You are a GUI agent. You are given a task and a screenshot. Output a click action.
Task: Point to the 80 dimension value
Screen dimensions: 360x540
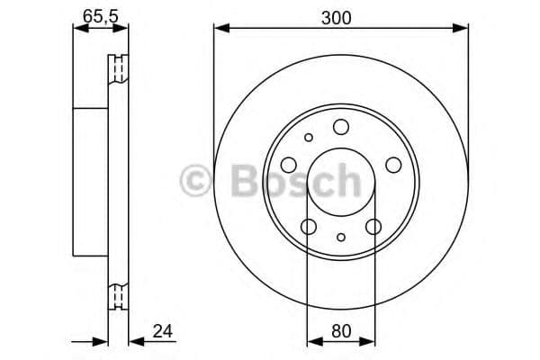[x=340, y=330]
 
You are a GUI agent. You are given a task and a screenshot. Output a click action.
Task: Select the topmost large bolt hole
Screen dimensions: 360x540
[x=340, y=128]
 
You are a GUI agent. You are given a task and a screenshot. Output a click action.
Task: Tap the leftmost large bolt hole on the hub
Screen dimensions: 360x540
[x=289, y=165]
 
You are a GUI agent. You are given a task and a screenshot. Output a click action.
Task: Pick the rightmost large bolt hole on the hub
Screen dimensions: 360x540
[x=393, y=165]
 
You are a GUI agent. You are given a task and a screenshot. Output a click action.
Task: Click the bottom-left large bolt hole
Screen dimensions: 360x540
[x=309, y=226]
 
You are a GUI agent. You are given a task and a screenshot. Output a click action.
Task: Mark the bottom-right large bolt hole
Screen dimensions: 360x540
[x=373, y=226]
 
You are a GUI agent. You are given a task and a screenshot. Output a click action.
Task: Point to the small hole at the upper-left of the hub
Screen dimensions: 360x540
[x=310, y=138]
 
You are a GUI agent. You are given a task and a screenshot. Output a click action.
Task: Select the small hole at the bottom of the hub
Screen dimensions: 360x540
[x=341, y=238]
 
